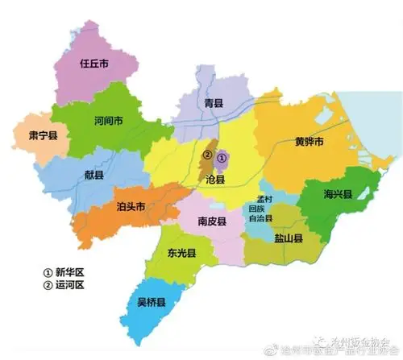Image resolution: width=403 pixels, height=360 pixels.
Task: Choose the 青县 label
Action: pyautogui.click(x=213, y=103)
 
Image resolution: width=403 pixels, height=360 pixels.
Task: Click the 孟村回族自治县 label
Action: pyautogui.click(x=264, y=208)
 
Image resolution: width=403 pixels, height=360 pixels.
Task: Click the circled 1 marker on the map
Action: pyautogui.click(x=222, y=158)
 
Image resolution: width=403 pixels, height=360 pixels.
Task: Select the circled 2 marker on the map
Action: pyautogui.click(x=207, y=155)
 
